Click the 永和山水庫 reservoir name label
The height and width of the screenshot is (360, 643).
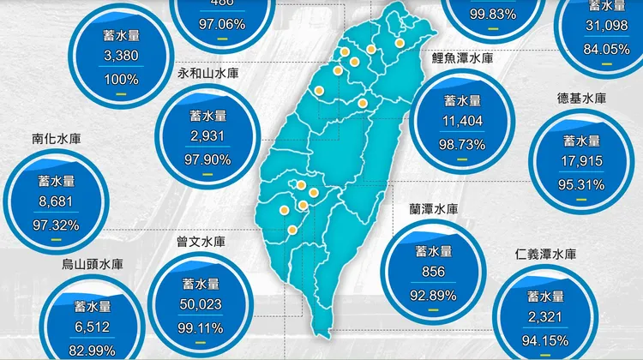tap(207, 74)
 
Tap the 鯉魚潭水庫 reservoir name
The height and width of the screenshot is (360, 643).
tap(462, 58)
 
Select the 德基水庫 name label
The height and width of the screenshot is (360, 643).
tap(582, 98)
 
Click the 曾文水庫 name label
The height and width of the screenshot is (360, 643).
tap(200, 243)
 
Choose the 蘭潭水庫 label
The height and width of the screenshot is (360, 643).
tap(434, 209)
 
